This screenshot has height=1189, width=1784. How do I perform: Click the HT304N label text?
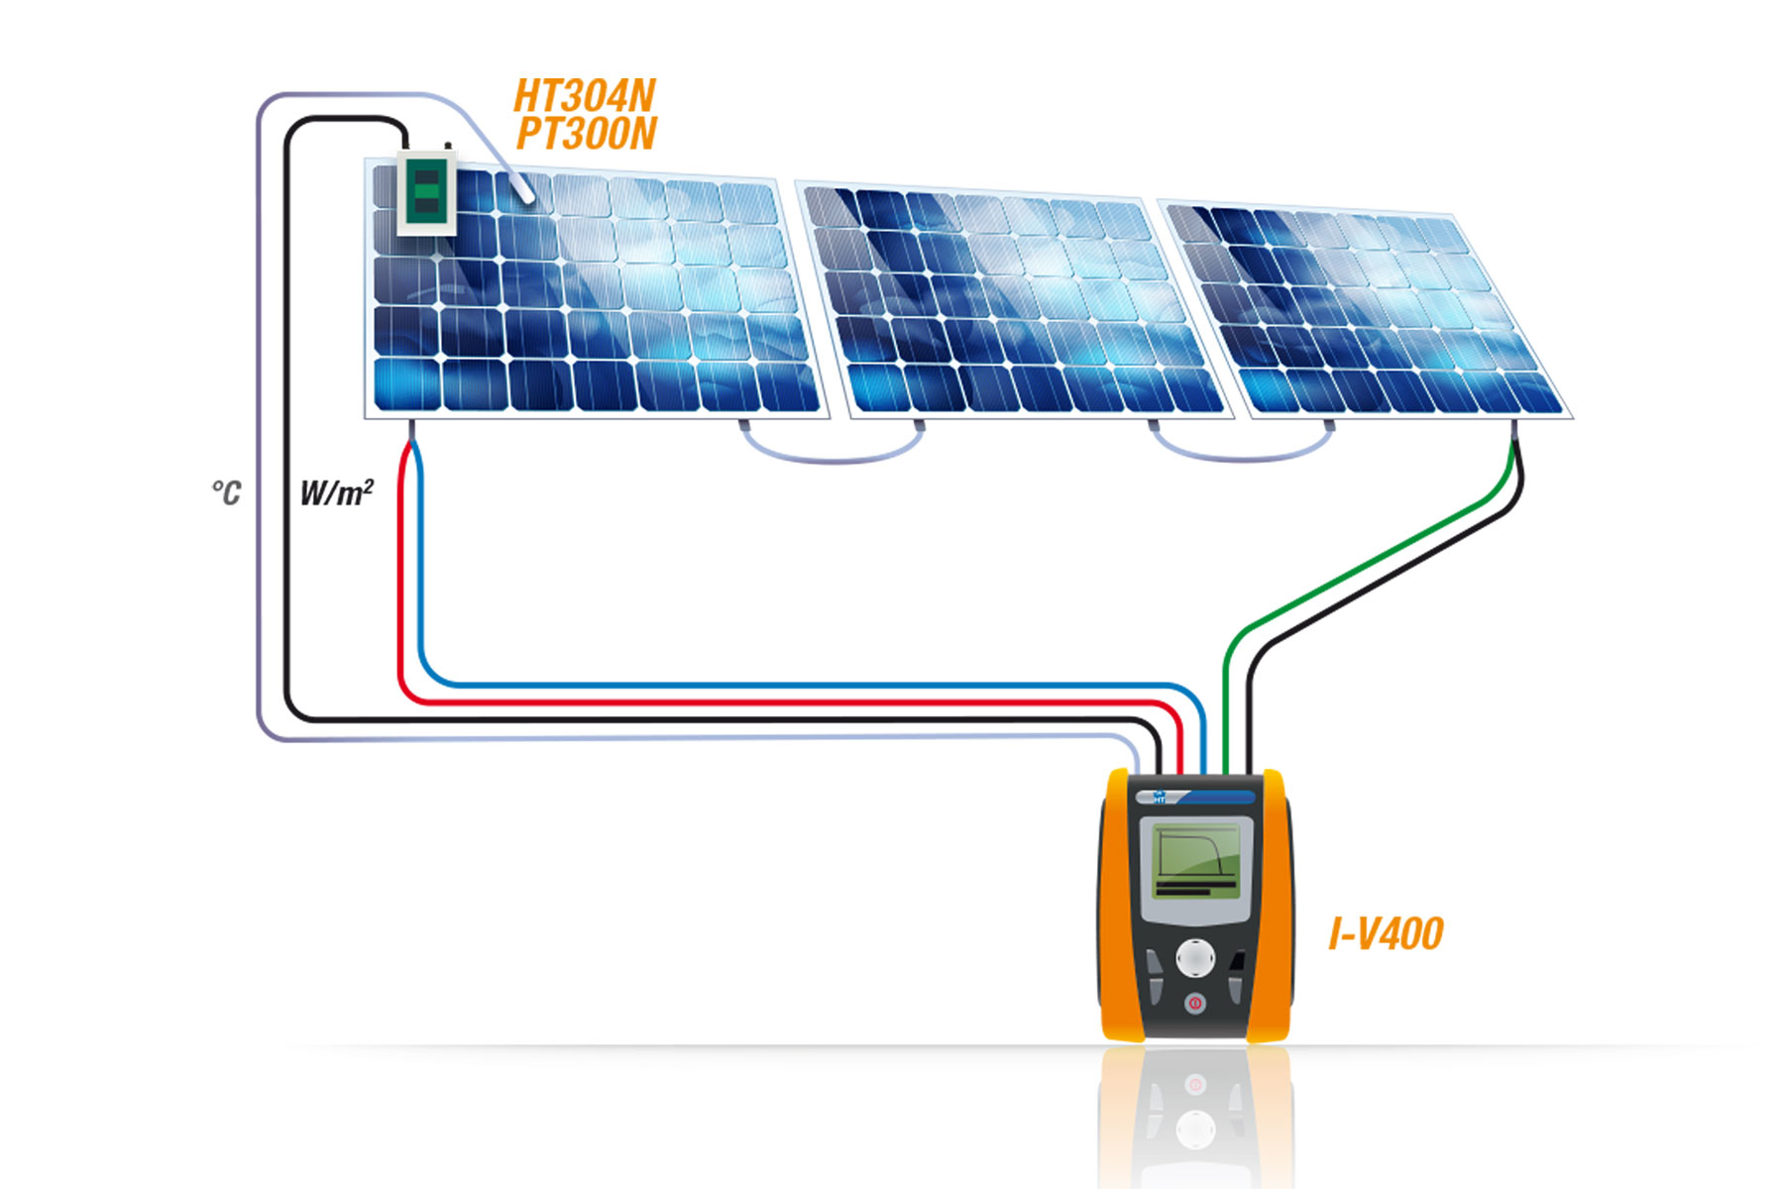click(x=585, y=96)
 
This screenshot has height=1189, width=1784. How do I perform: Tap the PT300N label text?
click(x=587, y=134)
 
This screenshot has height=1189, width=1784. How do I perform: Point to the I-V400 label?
click(x=1386, y=933)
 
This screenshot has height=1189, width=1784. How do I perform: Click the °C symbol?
click(x=226, y=492)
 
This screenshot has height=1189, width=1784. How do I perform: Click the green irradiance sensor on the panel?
click(x=426, y=193)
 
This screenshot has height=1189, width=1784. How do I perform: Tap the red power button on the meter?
click(x=1195, y=1004)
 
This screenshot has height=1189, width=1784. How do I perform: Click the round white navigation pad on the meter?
click(x=1195, y=958)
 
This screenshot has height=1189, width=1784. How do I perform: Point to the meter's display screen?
click(x=1197, y=858)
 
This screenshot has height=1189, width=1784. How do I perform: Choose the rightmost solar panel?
click(x=1368, y=312)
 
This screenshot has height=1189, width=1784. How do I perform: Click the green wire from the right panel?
click(x=1368, y=560)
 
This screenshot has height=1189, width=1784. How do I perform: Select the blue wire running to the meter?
click(x=793, y=685)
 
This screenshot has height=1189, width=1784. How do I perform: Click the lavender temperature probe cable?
click(x=260, y=396)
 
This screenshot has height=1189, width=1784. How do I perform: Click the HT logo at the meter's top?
click(x=1159, y=797)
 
